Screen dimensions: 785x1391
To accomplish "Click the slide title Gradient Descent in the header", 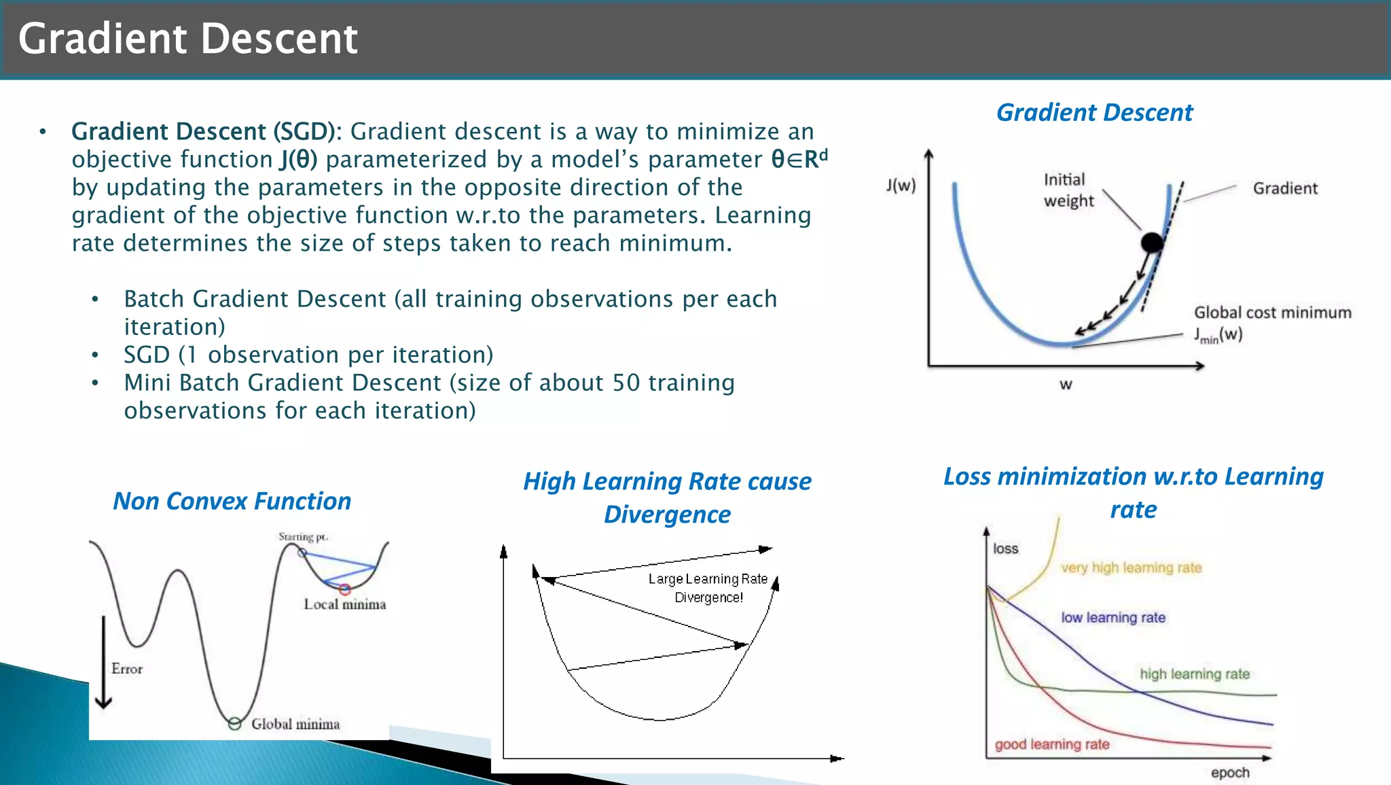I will pyautogui.click(x=187, y=39).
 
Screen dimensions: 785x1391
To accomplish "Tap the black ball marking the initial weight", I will pyautogui.click(x=1152, y=242).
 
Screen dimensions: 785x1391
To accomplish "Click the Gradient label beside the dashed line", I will pyautogui.click(x=1284, y=188).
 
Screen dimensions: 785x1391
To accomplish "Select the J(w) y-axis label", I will pyautogui.click(x=901, y=185).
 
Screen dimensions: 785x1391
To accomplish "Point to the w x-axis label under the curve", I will pyautogui.click(x=1066, y=385).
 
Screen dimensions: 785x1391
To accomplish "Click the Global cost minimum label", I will pyautogui.click(x=1272, y=313).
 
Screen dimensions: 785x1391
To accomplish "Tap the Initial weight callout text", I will pyautogui.click(x=1068, y=190).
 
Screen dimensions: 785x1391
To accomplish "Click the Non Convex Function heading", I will pyautogui.click(x=232, y=502).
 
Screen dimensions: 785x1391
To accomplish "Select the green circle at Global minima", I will pyautogui.click(x=234, y=724).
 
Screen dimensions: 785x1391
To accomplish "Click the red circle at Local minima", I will pyautogui.click(x=345, y=589).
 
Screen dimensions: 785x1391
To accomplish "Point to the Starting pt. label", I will pyautogui.click(x=303, y=537).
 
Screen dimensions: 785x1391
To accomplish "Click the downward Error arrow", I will pyautogui.click(x=103, y=663).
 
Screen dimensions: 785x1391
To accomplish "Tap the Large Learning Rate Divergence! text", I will pyautogui.click(x=708, y=588).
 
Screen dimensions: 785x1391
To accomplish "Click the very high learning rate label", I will pyautogui.click(x=1131, y=568).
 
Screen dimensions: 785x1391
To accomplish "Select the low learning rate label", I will pyautogui.click(x=1113, y=618).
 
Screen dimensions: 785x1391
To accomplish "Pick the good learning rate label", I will pyautogui.click(x=1051, y=744).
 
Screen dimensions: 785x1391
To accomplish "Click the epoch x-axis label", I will pyautogui.click(x=1229, y=773).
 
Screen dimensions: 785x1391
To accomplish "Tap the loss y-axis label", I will pyautogui.click(x=1005, y=548).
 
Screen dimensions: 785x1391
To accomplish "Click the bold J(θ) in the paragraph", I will pyautogui.click(x=299, y=160).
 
